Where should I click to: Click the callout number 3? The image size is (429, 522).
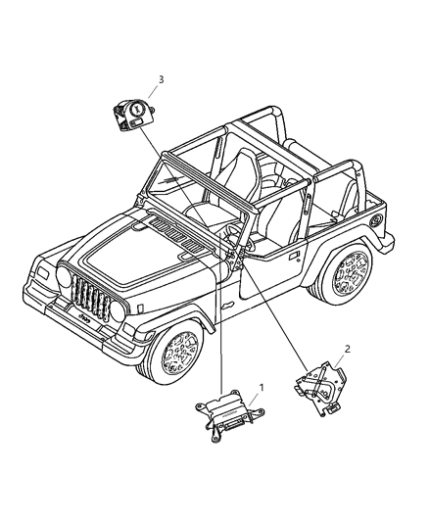coord(161,80)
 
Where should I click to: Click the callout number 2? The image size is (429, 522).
coord(348,349)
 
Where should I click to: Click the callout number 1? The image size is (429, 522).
coord(262,387)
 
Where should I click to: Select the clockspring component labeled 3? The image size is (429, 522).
coord(134,116)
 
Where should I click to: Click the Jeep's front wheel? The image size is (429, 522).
coord(178,353)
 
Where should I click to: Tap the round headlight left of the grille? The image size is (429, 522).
coord(64,276)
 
